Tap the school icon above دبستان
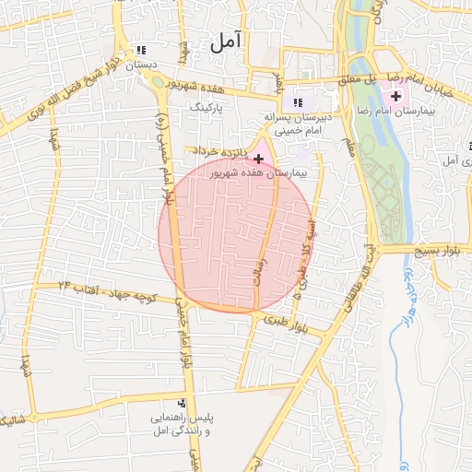point(141,51)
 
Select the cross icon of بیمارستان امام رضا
point(396,96)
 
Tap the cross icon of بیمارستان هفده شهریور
point(258,159)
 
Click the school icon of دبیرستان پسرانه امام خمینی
point(297,103)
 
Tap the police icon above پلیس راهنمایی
point(182,403)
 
